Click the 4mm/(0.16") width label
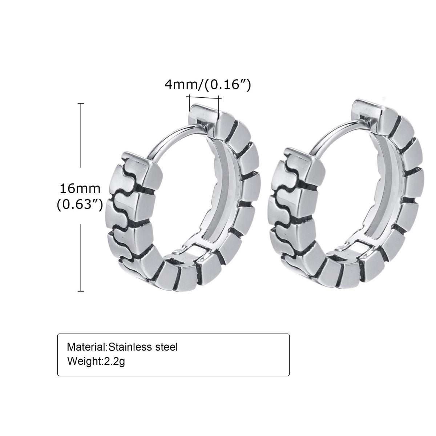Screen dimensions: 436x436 click(x=208, y=85)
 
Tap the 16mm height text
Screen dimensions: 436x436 click(x=80, y=189)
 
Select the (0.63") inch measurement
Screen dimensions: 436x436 click(x=80, y=205)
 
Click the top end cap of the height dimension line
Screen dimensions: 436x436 click(x=81, y=104)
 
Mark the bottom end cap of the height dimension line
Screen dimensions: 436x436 click(x=81, y=291)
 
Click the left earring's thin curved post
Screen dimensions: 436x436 click(x=172, y=138)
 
